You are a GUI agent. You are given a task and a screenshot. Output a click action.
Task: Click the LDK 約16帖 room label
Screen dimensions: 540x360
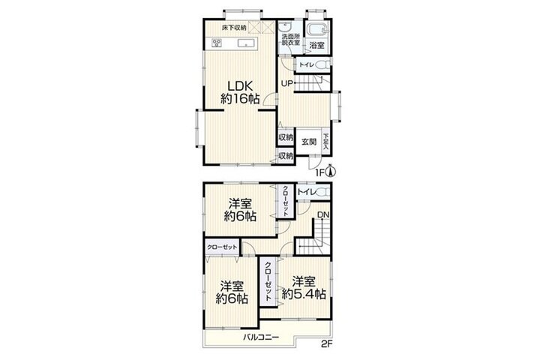point(240,92)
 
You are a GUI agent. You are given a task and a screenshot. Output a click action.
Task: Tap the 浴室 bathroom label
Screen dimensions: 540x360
point(316,45)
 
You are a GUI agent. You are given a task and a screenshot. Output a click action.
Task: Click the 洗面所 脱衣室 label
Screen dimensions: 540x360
point(291,40)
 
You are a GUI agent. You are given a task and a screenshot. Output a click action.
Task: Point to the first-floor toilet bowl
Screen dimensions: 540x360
point(322,64)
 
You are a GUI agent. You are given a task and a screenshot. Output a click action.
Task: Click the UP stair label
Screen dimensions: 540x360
point(286,83)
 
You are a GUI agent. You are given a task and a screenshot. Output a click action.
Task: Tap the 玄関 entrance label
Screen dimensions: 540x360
point(309,142)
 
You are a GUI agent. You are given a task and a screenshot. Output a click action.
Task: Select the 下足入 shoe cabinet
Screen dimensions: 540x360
point(325,139)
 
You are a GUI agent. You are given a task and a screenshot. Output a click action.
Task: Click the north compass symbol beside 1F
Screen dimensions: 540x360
point(331,171)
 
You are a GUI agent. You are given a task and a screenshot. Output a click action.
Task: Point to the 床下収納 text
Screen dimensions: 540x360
point(234,28)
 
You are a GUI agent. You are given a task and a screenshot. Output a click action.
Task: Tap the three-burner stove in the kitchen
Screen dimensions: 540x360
point(217,43)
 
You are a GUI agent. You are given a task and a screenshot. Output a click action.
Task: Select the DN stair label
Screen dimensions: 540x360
point(323,215)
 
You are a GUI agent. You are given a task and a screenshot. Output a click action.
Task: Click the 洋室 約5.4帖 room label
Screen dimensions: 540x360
point(304,288)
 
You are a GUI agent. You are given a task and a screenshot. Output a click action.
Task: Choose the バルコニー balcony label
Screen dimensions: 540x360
point(261,337)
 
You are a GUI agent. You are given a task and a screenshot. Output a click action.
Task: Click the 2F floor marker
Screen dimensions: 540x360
point(326,343)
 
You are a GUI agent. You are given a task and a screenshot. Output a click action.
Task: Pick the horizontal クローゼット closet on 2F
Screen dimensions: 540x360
point(222,247)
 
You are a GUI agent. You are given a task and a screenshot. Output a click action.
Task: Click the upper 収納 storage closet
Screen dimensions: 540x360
point(286,137)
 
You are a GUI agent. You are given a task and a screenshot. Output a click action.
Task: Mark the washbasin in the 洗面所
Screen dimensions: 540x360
point(286,26)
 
